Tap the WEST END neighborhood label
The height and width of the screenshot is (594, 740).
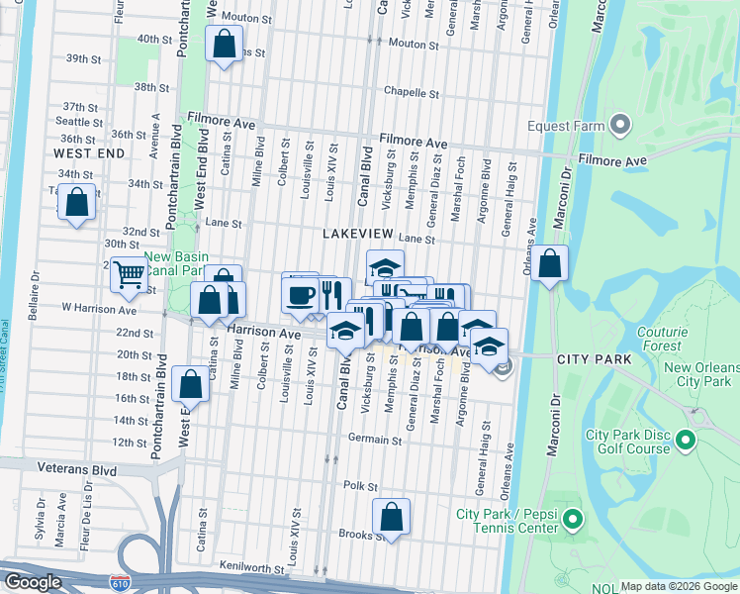(x=89, y=154)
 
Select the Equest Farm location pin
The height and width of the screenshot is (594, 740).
(x=620, y=125)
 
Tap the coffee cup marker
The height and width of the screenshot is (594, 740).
(x=300, y=292)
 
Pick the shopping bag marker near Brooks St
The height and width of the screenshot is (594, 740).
(x=392, y=517)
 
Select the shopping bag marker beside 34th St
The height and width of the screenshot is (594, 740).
(x=76, y=202)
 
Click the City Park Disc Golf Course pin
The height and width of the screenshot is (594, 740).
(x=685, y=437)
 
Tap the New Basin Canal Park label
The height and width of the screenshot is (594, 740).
(x=174, y=263)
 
